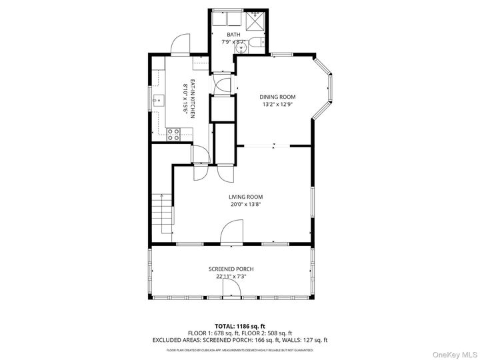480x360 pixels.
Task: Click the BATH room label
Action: pos(233,35)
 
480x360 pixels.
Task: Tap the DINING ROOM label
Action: pos(277,97)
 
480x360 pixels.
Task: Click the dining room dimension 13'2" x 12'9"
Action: pos(277,104)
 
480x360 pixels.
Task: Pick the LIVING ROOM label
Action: pos(245,197)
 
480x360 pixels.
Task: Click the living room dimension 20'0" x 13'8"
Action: pos(245,205)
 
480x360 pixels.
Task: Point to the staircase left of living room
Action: pos(162,213)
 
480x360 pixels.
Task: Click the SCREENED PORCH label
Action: pos(231,269)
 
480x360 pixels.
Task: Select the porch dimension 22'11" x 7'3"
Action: pos(231,276)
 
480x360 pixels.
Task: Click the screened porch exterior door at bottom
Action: pos(231,289)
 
